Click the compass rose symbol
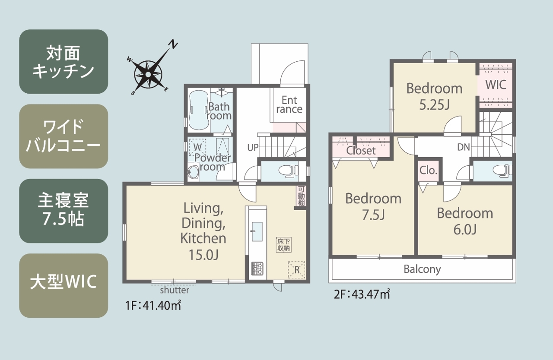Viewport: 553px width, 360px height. pyautogui.click(x=148, y=74)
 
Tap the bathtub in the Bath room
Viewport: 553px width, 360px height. pyautogui.click(x=198, y=110)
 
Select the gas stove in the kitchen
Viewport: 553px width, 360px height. pyautogui.click(x=257, y=269)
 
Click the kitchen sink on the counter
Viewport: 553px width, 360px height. pyautogui.click(x=257, y=231)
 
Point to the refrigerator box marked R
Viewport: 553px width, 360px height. pyautogui.click(x=296, y=270)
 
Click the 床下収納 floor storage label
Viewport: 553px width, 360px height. pyautogui.click(x=283, y=245)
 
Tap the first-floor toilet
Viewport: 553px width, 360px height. pyautogui.click(x=288, y=171)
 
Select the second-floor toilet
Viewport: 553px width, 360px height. pyautogui.click(x=502, y=171)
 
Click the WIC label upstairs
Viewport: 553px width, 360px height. pyautogui.click(x=496, y=85)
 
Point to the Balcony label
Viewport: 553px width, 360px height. pyautogui.click(x=422, y=269)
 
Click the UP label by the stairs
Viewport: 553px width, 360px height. pyautogui.click(x=253, y=148)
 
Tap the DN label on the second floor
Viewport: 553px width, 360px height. pyautogui.click(x=464, y=147)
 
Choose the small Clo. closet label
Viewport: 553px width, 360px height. pyautogui.click(x=428, y=171)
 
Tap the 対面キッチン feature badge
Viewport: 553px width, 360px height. pyautogui.click(x=64, y=62)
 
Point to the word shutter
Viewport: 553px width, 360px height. pyautogui.click(x=175, y=290)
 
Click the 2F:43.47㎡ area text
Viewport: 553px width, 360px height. pyautogui.click(x=362, y=294)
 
